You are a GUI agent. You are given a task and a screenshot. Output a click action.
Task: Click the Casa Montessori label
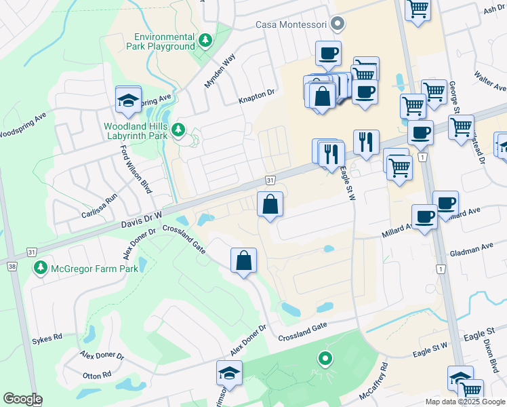(291, 24)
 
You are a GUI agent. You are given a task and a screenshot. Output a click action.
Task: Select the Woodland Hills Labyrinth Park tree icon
(178, 129)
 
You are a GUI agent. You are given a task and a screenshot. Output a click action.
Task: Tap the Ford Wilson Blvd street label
(135, 170)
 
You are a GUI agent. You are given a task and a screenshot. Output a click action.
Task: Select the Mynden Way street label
(220, 71)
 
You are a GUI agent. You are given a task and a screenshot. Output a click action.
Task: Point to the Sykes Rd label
(47, 336)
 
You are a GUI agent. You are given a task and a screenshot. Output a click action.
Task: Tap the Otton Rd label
(97, 375)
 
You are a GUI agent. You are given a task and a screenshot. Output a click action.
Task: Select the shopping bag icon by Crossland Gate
(243, 260)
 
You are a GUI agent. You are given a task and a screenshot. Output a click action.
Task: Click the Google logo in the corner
(22, 399)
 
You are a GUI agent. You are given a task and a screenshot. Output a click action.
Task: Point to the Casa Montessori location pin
(338, 24)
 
